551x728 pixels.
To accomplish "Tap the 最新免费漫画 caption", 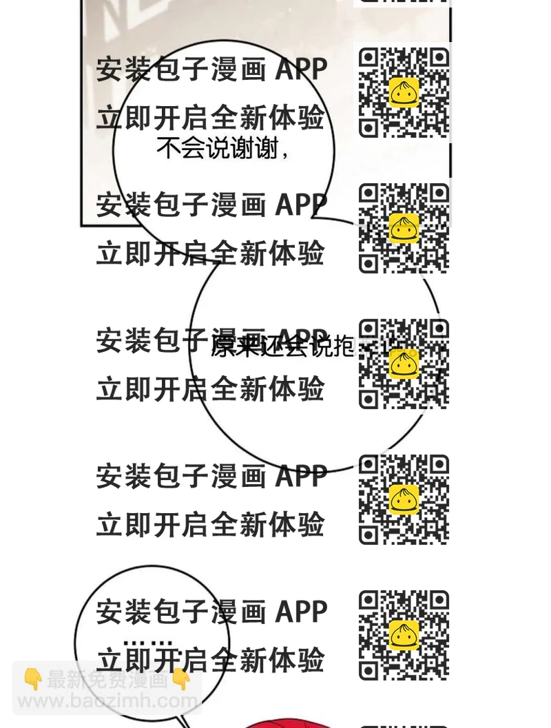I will click(x=107, y=680).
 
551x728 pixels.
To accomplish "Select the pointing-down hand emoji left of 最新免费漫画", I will click(x=32, y=680).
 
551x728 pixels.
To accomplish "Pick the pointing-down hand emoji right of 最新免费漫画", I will click(x=181, y=680).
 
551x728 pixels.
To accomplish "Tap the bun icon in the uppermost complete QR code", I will click(x=404, y=92).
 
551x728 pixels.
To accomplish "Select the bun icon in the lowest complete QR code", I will click(x=404, y=634).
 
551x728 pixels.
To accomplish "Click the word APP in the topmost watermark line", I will click(x=301, y=70).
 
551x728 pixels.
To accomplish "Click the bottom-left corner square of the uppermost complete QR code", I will click(x=368, y=128).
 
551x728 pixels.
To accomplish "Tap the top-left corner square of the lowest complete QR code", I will click(x=368, y=600).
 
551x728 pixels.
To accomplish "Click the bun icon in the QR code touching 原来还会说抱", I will click(x=404, y=363).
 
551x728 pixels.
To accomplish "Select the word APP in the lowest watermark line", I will click(x=301, y=612).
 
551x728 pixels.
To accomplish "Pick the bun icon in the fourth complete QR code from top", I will click(x=404, y=499).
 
